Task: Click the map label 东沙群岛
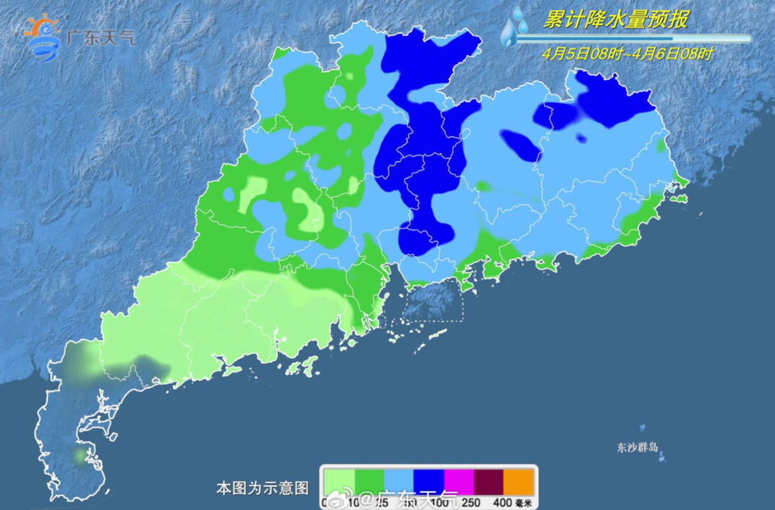637,447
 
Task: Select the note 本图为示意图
262,488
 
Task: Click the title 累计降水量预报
616,19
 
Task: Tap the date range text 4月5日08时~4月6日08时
627,53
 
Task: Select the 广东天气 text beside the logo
101,38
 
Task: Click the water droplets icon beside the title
513,26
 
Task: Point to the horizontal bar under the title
633,38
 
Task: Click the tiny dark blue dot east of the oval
581,139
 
